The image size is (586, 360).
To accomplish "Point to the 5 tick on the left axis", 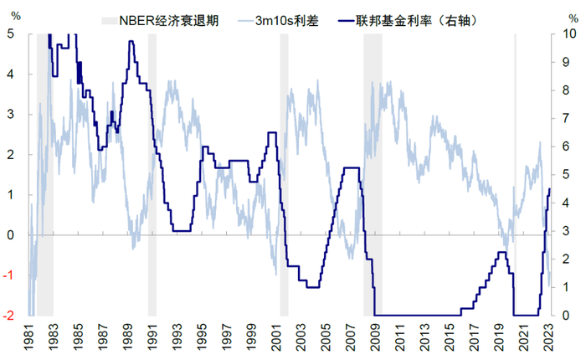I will pos(10,34).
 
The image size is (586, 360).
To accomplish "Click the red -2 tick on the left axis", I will pos(8,316).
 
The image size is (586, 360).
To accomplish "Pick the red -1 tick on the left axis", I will pos(8,275).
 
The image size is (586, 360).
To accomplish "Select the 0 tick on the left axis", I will pos(10,235).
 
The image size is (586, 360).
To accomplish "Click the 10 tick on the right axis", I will pos(568,34).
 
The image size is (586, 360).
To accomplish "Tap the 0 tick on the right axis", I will pos(566,316).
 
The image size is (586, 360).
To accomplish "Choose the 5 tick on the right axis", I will pos(566,175).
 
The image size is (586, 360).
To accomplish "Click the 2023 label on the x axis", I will pos(548,339).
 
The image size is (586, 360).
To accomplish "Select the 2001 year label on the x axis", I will pos(276,339).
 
